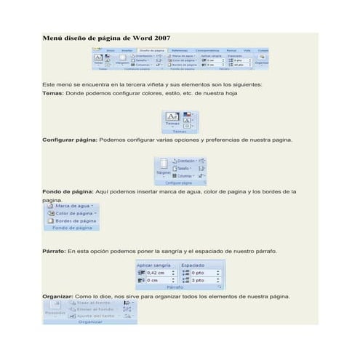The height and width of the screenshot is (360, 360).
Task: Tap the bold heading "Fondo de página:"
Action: pos(68,192)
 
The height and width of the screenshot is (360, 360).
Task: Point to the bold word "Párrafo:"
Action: pos(55,251)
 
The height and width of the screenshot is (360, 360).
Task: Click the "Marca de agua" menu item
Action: pos(73,207)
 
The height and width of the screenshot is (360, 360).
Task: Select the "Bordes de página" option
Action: pos(74,221)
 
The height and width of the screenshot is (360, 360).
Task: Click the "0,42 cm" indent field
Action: pos(159,273)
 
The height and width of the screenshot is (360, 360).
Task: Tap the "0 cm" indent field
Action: pos(156,280)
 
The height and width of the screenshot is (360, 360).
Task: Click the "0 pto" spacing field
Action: pos(201,273)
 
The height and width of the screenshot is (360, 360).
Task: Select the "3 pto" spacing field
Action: pos(201,280)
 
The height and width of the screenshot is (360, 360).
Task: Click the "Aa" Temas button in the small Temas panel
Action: pos(173,116)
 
